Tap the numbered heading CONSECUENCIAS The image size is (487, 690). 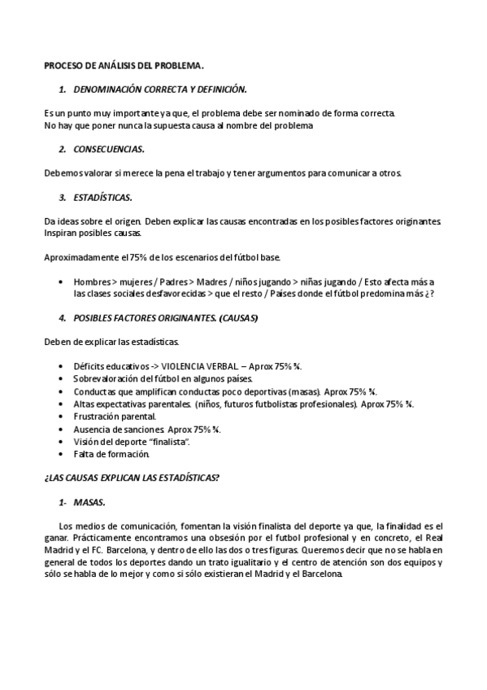[109, 149]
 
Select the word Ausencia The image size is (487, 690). [90, 427]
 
